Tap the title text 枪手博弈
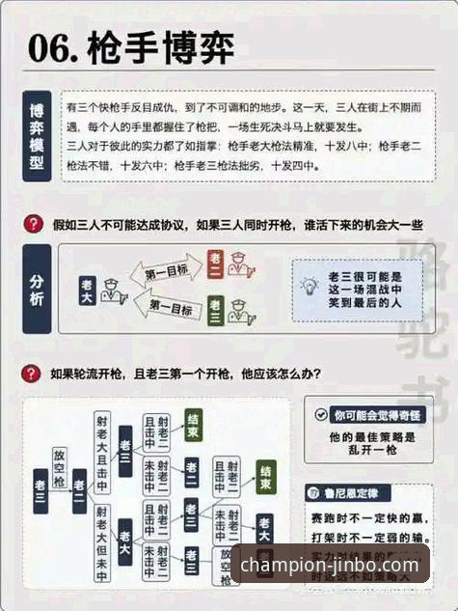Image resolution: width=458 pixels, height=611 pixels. point(159,47)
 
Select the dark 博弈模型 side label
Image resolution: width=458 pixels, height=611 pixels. point(37,136)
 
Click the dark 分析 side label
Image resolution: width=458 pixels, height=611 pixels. point(37,289)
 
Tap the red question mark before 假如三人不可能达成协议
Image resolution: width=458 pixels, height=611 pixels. point(32,224)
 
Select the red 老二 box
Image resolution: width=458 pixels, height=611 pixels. point(216,263)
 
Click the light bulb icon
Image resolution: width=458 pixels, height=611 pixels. point(309,286)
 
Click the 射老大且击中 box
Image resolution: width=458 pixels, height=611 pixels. point(101,451)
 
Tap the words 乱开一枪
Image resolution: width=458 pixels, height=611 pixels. point(367,452)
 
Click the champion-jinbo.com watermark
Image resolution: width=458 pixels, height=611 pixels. point(330,566)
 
